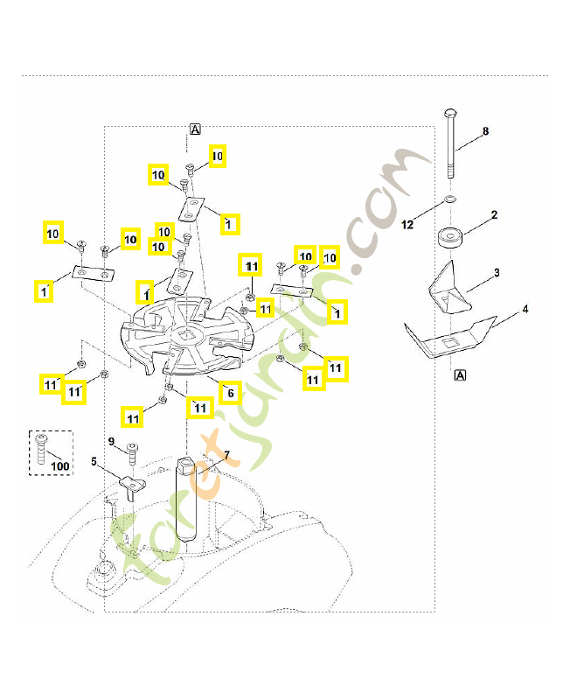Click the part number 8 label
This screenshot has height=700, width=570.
click(x=485, y=131)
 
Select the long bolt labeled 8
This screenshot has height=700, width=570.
click(x=450, y=143)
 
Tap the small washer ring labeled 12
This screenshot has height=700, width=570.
click(x=450, y=198)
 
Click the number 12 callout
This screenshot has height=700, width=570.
click(x=407, y=225)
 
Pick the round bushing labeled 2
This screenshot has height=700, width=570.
click(x=450, y=237)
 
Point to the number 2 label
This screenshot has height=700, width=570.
click(x=494, y=214)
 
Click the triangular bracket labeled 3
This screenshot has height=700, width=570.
click(x=448, y=288)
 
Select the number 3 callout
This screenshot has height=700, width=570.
click(x=497, y=273)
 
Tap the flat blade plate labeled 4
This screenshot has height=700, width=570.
click(x=450, y=337)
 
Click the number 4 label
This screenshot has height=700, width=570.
click(x=525, y=309)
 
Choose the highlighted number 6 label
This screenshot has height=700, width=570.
click(x=230, y=393)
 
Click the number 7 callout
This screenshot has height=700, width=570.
click(x=226, y=455)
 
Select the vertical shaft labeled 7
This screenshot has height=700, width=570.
click(x=186, y=498)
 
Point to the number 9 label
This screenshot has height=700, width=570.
click(x=111, y=442)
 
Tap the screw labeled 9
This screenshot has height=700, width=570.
click(x=133, y=453)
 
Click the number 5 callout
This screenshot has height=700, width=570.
click(x=94, y=462)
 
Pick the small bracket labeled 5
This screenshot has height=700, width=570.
click(x=133, y=487)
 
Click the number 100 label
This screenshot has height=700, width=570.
click(x=59, y=466)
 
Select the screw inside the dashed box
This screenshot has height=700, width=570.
click(x=41, y=449)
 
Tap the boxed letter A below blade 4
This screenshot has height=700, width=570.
click(x=460, y=375)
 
